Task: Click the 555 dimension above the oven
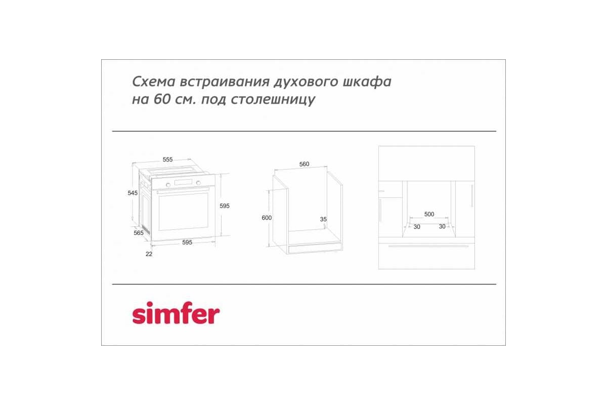(x=167, y=159)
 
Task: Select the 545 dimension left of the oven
(x=133, y=193)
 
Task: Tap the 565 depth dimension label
(x=139, y=233)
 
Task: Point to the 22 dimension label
(x=149, y=254)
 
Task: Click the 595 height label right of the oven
(x=225, y=206)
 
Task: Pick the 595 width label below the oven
(x=187, y=242)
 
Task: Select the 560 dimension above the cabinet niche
(x=304, y=164)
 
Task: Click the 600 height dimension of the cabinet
(x=267, y=218)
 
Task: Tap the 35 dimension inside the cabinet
(x=323, y=219)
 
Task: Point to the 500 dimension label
(x=429, y=214)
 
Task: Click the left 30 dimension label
(x=417, y=227)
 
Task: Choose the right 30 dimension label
(x=442, y=226)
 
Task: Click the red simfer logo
(x=176, y=313)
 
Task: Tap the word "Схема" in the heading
(x=154, y=82)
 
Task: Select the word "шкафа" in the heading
(x=367, y=82)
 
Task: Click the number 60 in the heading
(x=162, y=99)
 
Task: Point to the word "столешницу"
(x=273, y=100)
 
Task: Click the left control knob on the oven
(x=168, y=185)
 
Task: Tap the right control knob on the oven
(x=198, y=183)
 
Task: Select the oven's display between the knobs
(x=183, y=182)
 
